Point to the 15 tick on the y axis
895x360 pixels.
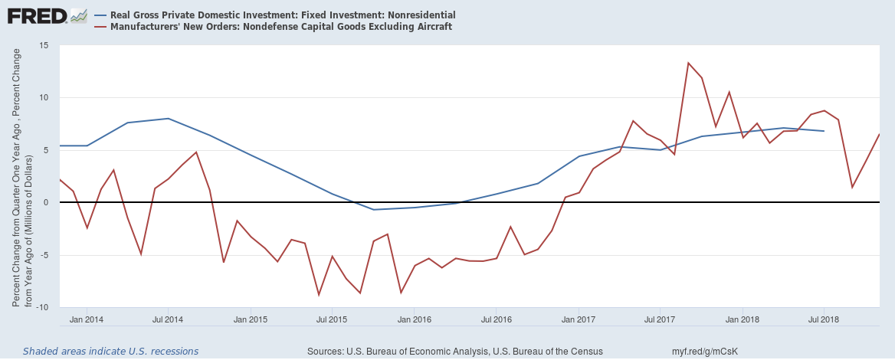tap(44, 45)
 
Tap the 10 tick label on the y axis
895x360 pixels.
tap(44, 97)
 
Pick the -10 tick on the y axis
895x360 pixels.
tap(43, 307)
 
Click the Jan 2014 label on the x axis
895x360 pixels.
tap(86, 319)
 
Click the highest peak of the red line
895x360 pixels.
tap(688, 63)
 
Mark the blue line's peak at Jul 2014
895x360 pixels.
tap(168, 118)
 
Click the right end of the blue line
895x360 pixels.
tap(824, 131)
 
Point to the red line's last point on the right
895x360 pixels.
tap(879, 135)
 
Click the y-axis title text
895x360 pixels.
tap(21, 176)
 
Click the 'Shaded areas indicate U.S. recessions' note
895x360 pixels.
tap(110, 351)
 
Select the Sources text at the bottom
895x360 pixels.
tap(454, 351)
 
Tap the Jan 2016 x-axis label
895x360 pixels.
tap(414, 319)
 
